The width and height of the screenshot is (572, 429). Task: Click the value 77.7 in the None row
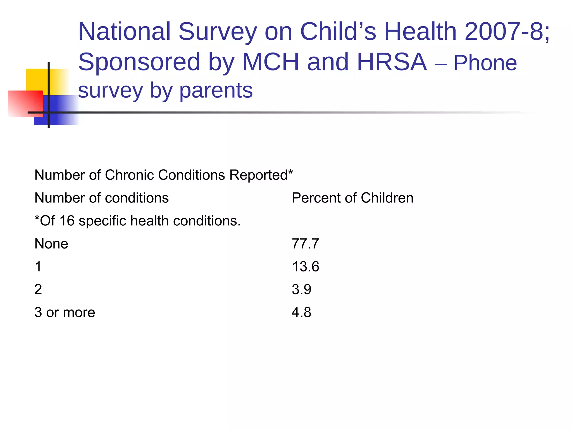tap(305, 244)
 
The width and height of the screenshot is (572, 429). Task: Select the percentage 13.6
tap(305, 266)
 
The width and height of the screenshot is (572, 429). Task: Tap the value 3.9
tap(301, 289)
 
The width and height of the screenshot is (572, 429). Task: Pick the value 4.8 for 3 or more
tap(301, 312)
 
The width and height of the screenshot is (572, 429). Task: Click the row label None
tap(51, 244)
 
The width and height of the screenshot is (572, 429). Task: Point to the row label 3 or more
tap(65, 312)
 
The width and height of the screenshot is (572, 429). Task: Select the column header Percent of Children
tap(352, 198)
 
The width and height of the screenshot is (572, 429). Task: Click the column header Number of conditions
tap(101, 198)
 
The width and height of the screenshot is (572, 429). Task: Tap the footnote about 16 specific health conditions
tap(137, 221)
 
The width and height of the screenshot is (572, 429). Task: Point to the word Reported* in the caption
tap(261, 175)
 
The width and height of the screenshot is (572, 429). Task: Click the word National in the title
tap(124, 31)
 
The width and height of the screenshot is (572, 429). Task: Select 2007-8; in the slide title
tap(507, 31)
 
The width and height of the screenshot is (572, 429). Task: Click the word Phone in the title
tap(485, 63)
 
